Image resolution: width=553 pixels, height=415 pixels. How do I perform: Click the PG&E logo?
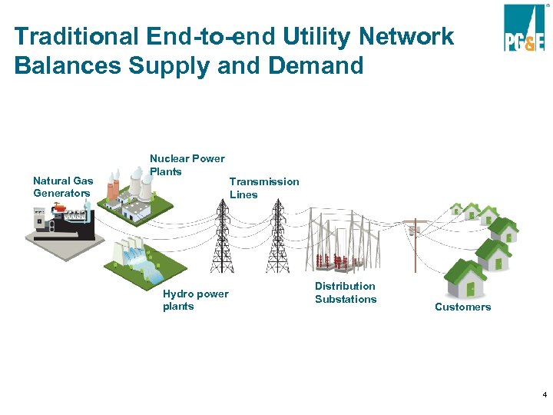[524, 28]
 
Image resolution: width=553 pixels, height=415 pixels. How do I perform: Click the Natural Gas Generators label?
[63, 187]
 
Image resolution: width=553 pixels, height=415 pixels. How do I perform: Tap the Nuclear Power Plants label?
[187, 164]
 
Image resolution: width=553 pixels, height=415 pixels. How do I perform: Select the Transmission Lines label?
[263, 188]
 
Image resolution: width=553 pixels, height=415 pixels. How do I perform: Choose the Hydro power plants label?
[195, 300]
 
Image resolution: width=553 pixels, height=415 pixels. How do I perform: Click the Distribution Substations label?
[346, 292]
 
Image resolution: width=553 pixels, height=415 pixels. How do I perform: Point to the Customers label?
[462, 307]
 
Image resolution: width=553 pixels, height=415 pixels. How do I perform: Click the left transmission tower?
[222, 231]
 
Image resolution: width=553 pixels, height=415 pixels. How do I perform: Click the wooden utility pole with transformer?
[416, 242]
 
